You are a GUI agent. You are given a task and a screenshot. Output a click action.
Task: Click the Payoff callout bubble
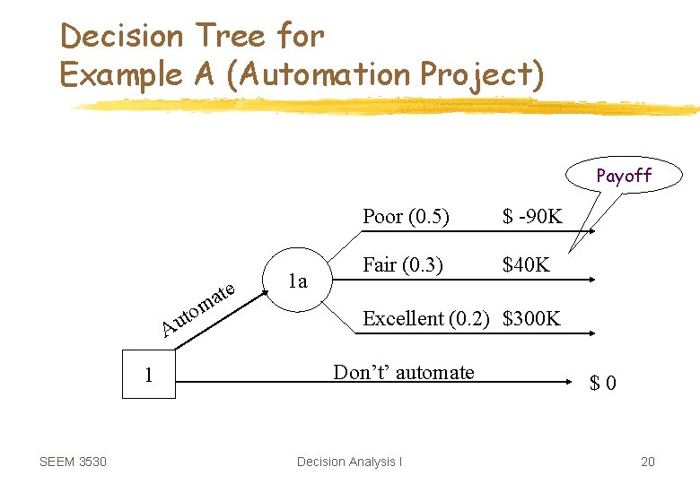click(x=625, y=176)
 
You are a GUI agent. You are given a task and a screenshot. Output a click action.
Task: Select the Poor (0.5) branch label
click(x=405, y=216)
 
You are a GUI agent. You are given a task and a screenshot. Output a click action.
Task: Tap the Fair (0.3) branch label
click(x=402, y=265)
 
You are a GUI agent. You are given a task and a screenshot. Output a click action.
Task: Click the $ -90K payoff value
click(x=532, y=216)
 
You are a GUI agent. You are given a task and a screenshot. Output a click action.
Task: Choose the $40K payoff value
click(x=527, y=265)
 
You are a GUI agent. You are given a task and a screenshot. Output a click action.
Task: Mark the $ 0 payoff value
click(x=602, y=384)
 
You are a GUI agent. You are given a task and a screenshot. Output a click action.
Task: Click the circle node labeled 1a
click(x=298, y=281)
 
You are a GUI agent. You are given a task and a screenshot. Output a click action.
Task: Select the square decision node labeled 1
click(x=149, y=375)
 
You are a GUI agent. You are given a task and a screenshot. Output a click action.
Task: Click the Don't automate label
click(x=404, y=372)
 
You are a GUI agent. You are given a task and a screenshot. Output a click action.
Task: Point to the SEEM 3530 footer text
click(x=73, y=462)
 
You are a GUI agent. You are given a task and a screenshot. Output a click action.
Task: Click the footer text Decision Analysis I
click(x=349, y=462)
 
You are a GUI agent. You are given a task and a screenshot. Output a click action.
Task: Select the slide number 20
click(x=647, y=462)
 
